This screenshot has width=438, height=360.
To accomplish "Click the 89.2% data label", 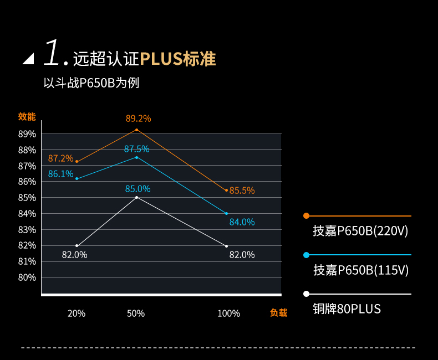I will point(138,119).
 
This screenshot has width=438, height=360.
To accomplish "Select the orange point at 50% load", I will point(137,130).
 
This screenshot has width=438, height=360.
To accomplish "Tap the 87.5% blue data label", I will point(136,149).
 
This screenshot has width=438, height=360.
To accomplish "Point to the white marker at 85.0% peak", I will point(137,197).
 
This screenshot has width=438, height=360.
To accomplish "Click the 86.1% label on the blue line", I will point(61,174).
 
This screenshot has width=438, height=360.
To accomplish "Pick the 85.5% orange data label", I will point(242,191).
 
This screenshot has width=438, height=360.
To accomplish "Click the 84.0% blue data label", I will point(242,222).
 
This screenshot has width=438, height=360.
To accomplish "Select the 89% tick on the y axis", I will point(27,134).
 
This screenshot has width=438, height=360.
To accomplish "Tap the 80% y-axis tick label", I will point(27,277).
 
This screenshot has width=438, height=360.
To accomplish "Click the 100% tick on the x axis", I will point(228,313).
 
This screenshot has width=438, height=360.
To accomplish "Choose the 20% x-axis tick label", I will point(77,313).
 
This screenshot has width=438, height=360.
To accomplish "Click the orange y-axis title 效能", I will point(27,116).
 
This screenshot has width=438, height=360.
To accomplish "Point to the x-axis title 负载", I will point(278,313).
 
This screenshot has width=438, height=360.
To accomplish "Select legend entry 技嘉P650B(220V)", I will point(360,231).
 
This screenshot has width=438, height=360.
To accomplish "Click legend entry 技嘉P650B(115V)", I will point(361,270).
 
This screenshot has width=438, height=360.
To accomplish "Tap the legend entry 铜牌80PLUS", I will point(347,308).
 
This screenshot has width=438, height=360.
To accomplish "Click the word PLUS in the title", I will point(161,59).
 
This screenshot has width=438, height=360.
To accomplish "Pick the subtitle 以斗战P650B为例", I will point(91,83).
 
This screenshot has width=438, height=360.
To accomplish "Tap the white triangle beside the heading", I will point(28,58).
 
